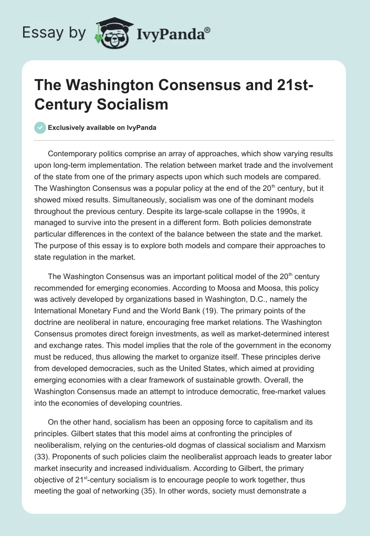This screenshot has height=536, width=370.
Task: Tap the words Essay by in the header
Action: click(x=55, y=32)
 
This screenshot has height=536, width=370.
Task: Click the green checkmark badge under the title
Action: click(x=40, y=128)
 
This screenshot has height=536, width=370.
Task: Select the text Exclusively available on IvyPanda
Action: click(x=102, y=128)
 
